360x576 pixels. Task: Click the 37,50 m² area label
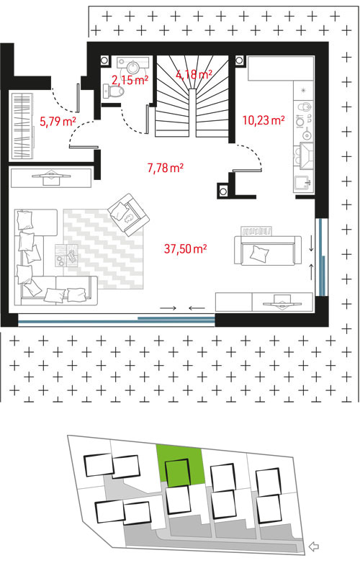click(x=185, y=248)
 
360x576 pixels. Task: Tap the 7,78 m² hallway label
click(x=166, y=168)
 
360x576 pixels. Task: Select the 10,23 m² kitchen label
click(x=264, y=120)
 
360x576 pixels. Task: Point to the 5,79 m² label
click(x=58, y=121)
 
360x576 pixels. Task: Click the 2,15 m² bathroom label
click(x=130, y=80)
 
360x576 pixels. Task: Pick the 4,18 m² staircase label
click(x=194, y=74)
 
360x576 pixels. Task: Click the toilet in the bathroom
click(x=112, y=91)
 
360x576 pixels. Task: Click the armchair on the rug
click(x=129, y=215)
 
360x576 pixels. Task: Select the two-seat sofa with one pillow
click(x=268, y=250)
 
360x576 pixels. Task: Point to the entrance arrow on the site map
click(x=313, y=546)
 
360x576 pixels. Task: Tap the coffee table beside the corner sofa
click(x=66, y=256)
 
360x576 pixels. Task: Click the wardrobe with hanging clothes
click(x=23, y=126)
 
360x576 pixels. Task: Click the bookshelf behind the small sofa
click(x=256, y=231)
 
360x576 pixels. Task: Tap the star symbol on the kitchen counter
click(x=303, y=90)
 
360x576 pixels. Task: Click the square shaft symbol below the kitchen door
click(x=222, y=191)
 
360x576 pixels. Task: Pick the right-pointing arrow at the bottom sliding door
click(x=168, y=308)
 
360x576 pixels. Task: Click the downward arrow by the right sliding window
click(x=312, y=244)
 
